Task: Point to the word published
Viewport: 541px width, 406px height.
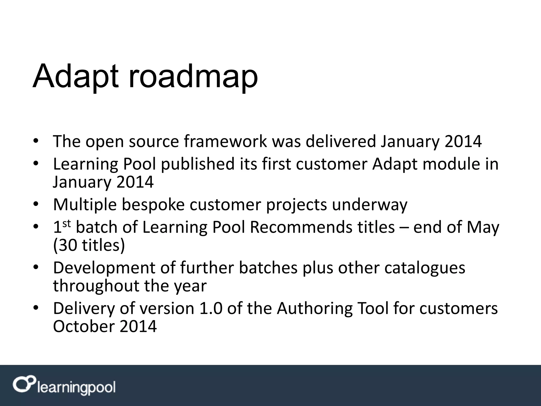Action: point(198,164)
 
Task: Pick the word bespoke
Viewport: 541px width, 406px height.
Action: point(153,205)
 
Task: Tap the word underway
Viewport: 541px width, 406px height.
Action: point(370,205)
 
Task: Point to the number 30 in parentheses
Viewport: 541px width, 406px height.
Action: point(68,245)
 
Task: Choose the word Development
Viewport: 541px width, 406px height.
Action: point(114,268)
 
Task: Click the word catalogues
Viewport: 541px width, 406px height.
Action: point(425,268)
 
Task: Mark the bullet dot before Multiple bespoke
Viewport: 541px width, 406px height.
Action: point(36,205)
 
